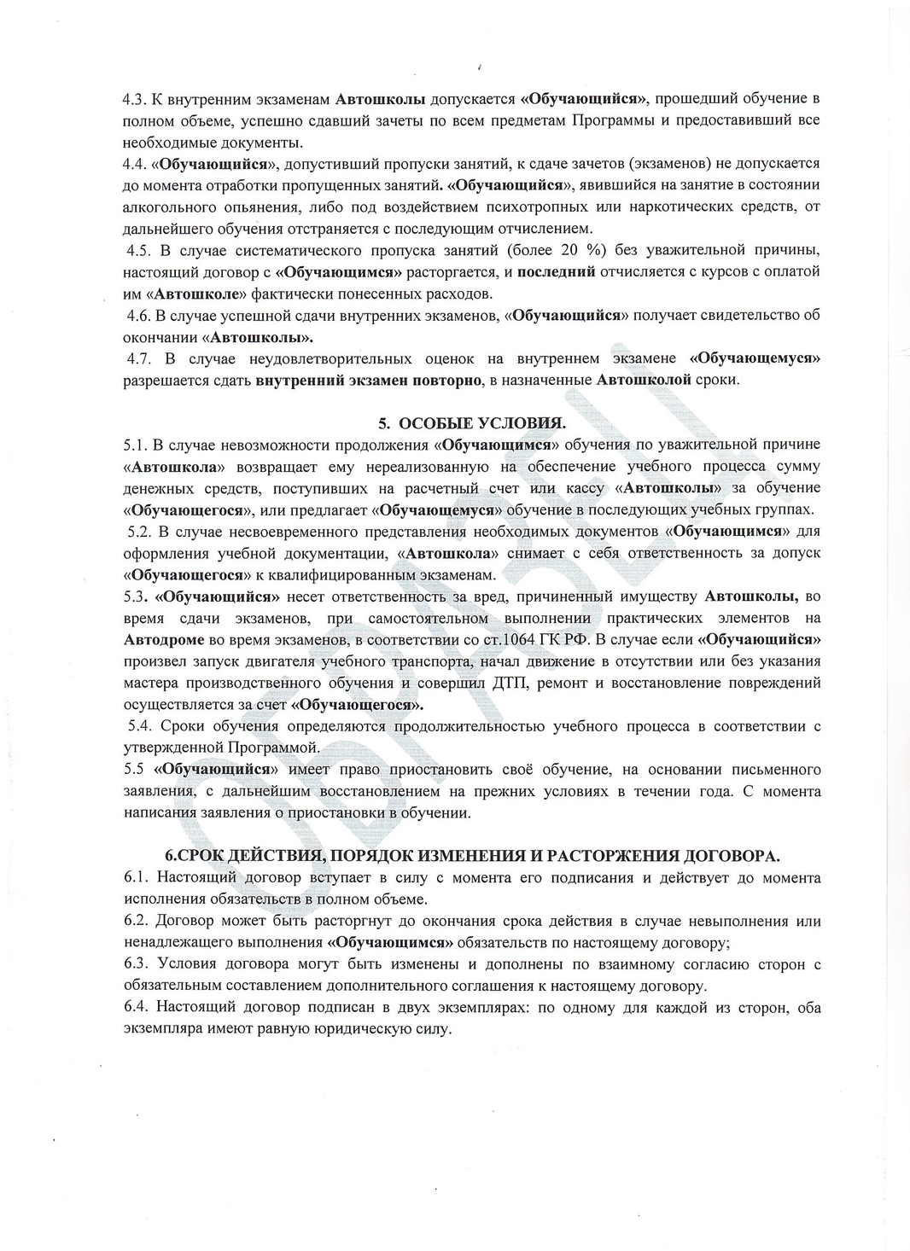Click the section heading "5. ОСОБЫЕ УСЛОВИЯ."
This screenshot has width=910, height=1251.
(x=472, y=422)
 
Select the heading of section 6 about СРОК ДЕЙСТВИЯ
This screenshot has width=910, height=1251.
(x=472, y=855)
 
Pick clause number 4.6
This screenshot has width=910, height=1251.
(x=139, y=315)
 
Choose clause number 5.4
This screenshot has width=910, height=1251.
(x=139, y=726)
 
